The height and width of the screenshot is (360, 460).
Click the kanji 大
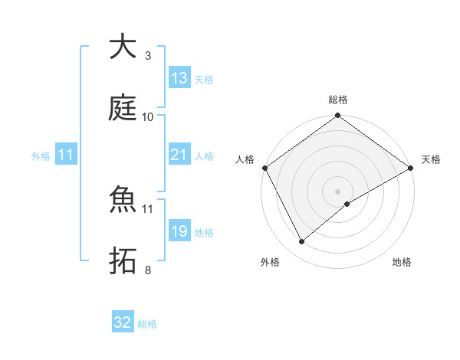[123, 47]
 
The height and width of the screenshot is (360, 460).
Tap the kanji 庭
[123, 108]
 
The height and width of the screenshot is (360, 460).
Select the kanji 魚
[123, 200]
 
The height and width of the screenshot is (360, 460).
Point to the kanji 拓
[123, 261]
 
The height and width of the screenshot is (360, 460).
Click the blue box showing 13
[179, 78]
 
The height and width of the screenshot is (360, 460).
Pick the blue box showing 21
[179, 155]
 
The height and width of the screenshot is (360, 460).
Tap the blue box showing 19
[179, 231]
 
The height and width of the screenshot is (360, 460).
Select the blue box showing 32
[123, 322]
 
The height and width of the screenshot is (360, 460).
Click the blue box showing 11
[65, 155]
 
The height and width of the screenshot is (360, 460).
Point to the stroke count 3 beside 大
[147, 56]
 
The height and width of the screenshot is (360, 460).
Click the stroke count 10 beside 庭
[148, 117]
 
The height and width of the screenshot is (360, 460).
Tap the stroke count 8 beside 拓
[147, 270]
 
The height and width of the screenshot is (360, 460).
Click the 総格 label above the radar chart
[338, 100]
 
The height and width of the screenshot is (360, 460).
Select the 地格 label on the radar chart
[402, 262]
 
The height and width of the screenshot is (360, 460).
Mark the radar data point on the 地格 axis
[347, 204]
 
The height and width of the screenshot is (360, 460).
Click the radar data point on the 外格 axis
[302, 241]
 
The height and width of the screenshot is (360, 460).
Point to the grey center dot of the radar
[337, 191]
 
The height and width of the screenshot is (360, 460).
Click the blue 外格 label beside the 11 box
[41, 155]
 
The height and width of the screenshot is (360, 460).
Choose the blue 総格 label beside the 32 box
[147, 324]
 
